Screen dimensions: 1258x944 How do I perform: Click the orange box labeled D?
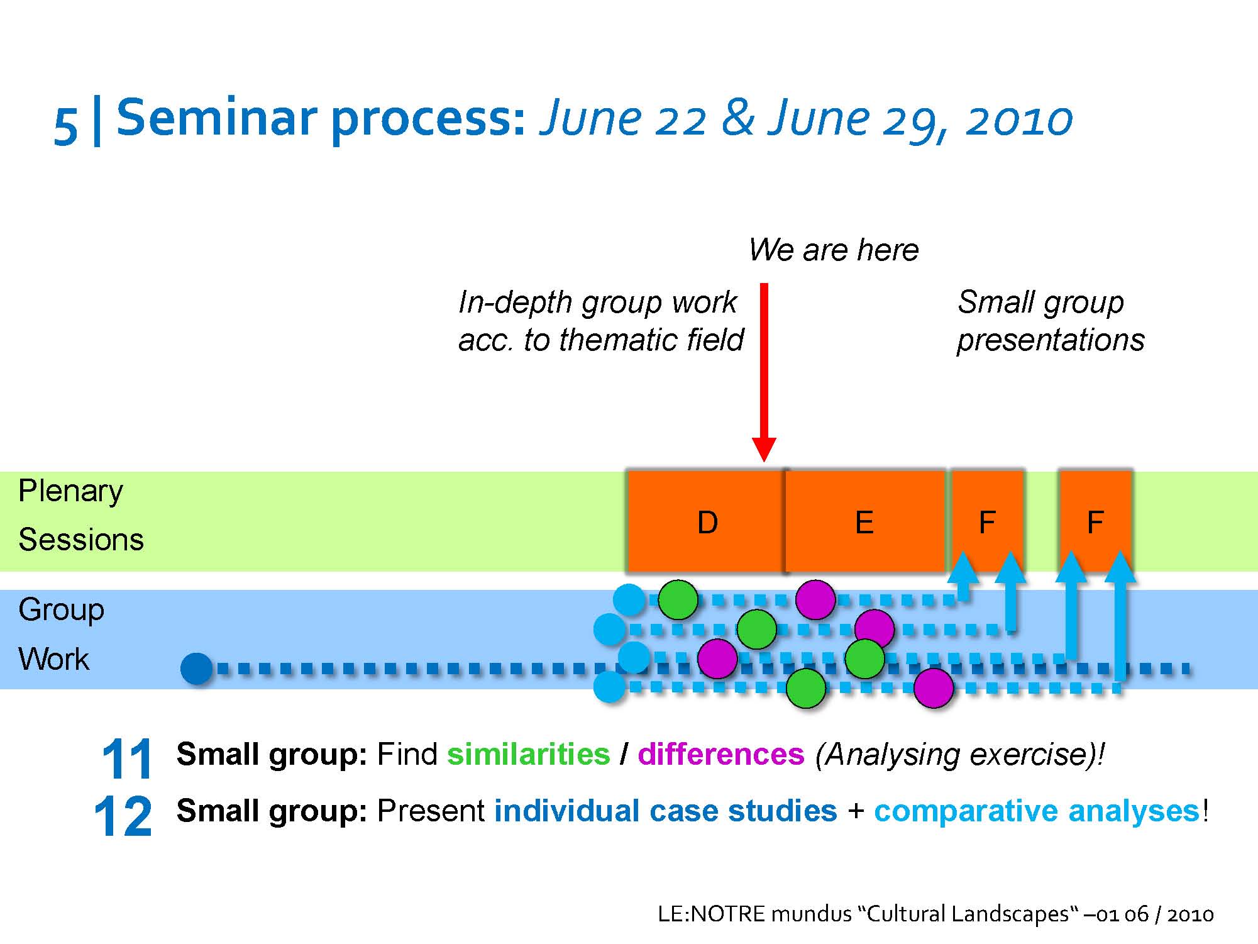click(707, 521)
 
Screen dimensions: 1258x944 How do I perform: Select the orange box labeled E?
click(866, 521)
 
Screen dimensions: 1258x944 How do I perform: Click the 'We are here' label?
click(834, 250)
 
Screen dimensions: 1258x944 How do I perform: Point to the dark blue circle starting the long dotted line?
click(197, 669)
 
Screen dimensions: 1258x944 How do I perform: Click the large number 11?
click(126, 758)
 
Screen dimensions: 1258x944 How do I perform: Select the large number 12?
click(123, 816)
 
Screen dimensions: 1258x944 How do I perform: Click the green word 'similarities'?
click(528, 753)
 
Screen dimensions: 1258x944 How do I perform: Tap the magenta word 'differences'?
click(721, 753)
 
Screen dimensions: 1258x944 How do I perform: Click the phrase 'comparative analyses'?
click(1037, 811)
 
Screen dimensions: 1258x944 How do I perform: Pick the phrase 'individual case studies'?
click(665, 811)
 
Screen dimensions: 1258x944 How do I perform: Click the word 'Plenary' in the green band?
click(70, 492)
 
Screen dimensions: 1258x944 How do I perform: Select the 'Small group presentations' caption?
click(1051, 321)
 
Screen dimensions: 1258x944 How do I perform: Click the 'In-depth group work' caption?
click(597, 302)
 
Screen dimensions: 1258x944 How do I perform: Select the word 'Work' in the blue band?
click(54, 659)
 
